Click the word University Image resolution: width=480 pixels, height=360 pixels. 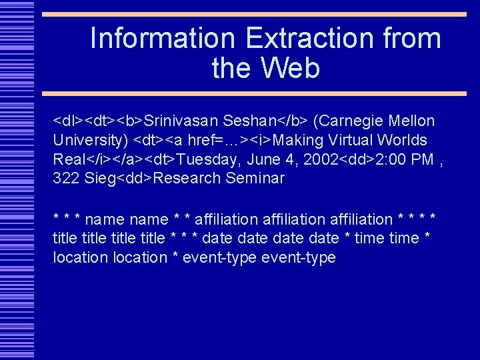point(87,141)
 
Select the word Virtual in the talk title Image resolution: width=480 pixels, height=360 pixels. point(347,141)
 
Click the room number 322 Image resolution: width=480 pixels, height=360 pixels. point(67,179)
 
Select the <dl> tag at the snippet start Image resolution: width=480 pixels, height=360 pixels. point(67,121)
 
